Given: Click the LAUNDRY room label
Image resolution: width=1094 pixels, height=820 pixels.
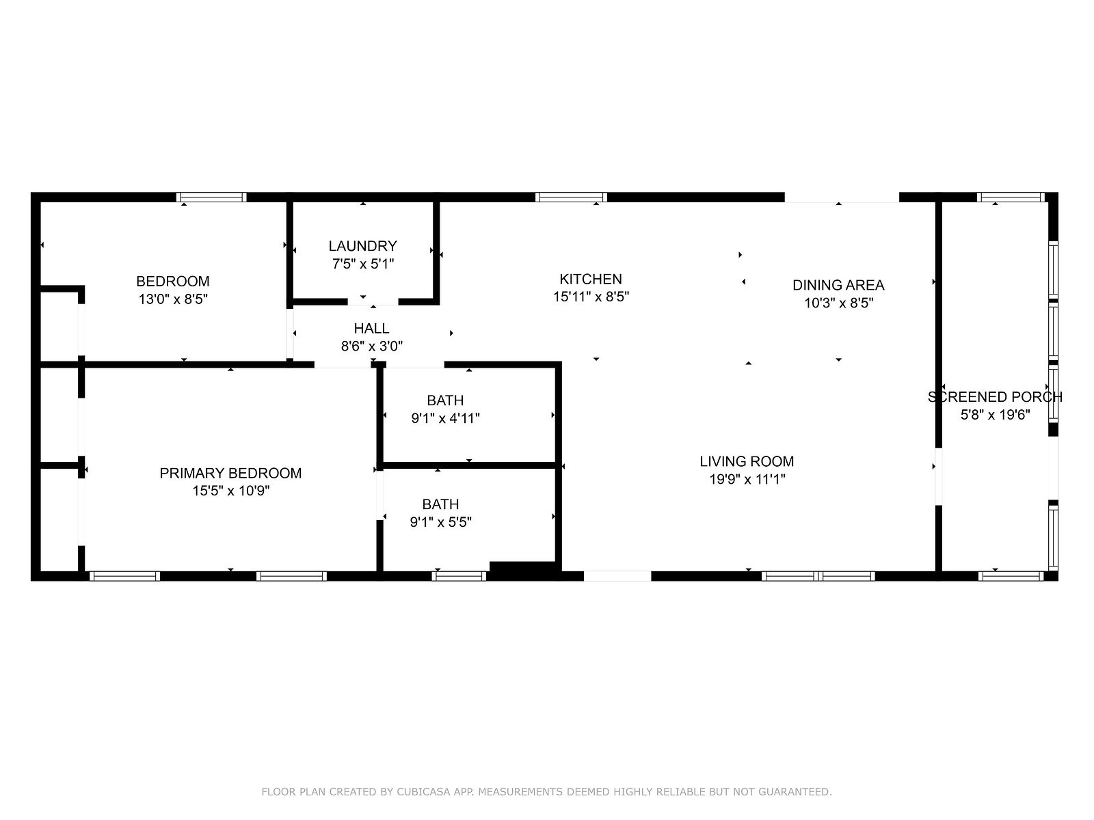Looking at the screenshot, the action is click(362, 246).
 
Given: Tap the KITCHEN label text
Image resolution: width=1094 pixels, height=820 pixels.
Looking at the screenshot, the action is click(591, 279).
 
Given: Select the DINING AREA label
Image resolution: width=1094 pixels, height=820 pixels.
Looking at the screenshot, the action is click(838, 285).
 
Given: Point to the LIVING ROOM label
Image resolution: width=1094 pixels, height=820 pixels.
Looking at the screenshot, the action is click(747, 461).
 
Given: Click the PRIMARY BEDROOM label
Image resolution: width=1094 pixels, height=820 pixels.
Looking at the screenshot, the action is click(230, 474).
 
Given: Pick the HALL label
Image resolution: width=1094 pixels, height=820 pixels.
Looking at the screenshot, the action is click(371, 329).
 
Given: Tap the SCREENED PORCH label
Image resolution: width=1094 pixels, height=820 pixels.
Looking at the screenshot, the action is click(995, 397).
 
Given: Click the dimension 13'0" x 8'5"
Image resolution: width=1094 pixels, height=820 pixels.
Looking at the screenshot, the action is click(173, 299).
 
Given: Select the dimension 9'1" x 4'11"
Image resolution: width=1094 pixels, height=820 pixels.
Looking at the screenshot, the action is click(445, 418).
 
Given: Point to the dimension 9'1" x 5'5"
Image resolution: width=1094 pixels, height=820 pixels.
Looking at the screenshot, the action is click(440, 522).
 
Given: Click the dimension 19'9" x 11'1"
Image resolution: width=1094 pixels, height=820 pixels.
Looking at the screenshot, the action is click(747, 480).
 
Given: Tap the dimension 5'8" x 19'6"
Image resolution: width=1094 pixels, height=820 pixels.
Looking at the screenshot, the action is click(995, 415).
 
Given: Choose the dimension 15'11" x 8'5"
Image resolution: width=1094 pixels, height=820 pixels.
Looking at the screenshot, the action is click(591, 297).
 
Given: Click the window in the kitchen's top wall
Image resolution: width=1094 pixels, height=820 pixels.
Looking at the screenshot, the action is click(571, 197).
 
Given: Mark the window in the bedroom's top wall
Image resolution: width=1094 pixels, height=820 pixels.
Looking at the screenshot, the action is click(211, 197).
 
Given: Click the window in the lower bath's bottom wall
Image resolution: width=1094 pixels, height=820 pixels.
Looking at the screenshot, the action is click(459, 576).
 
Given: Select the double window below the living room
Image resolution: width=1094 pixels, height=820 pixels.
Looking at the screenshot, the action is click(818, 576).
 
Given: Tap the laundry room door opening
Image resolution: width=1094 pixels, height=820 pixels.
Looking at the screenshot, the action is click(373, 302).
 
